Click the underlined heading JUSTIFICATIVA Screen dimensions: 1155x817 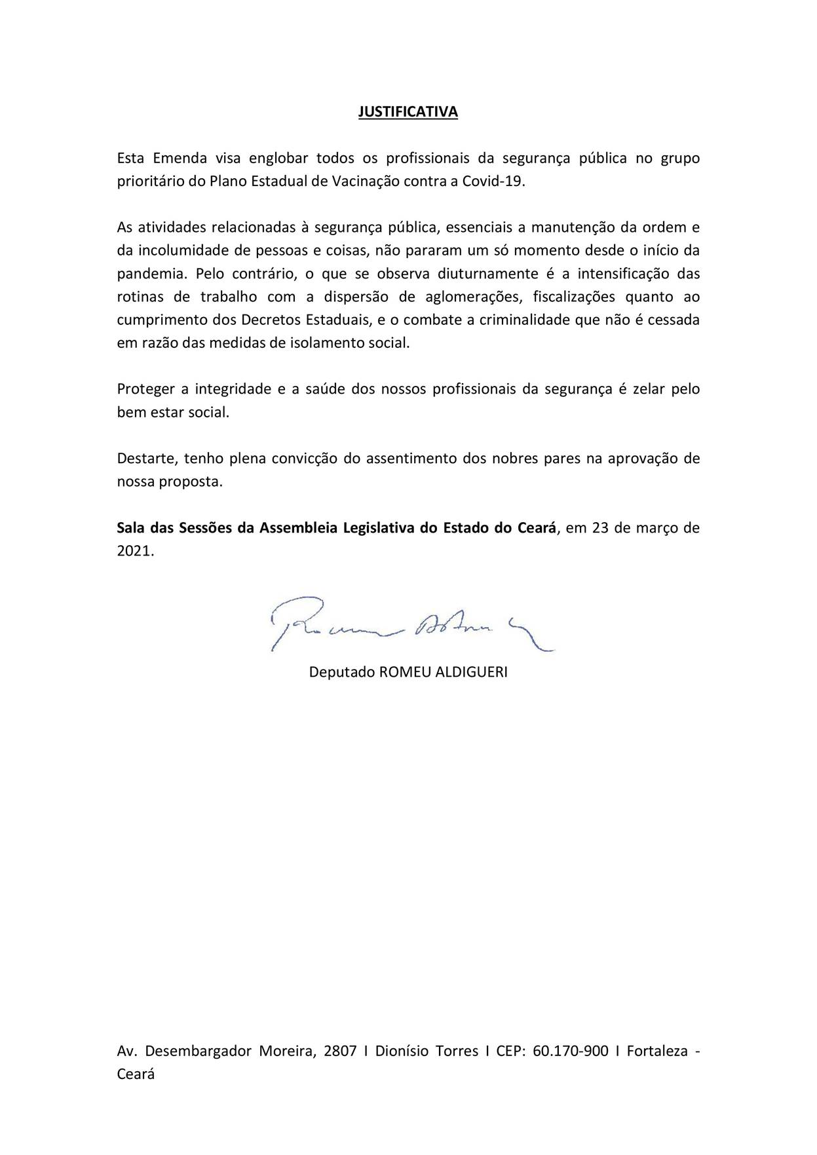point(408,112)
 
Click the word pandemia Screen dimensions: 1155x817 point(151,274)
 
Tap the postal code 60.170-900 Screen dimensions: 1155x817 point(571,1051)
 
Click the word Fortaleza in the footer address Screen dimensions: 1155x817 point(657,1051)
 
